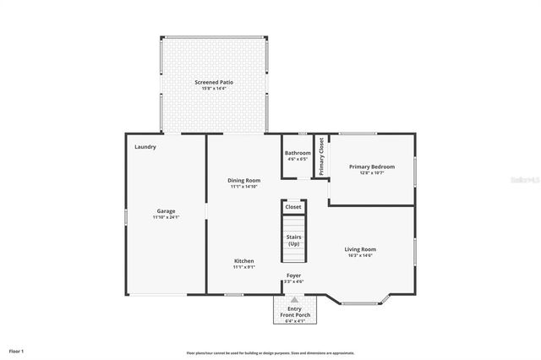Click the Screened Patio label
[x=214, y=82]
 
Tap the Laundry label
[x=145, y=147]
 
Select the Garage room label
[x=166, y=210]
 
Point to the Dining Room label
[x=243, y=180]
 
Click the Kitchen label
[x=243, y=261]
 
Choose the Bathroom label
[x=298, y=153]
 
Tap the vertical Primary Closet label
[x=321, y=156]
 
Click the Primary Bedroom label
[x=372, y=166]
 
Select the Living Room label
[x=360, y=249]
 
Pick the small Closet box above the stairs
[x=293, y=206]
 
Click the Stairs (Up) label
[x=293, y=241]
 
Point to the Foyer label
[x=293, y=275]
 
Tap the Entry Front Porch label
[x=293, y=312]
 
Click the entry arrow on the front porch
[x=293, y=299]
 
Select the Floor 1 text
[x=17, y=350]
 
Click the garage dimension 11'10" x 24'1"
[x=166, y=217]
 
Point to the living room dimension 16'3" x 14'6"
[x=360, y=255]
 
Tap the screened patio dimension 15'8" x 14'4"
[x=214, y=88]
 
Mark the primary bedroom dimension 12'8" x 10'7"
[x=372, y=172]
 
